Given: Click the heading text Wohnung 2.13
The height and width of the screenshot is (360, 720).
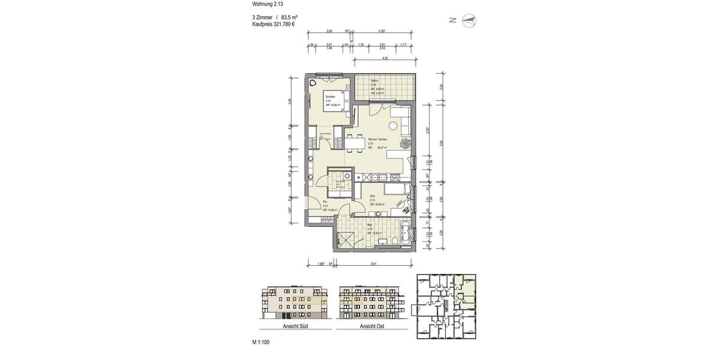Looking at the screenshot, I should (x=268, y=4).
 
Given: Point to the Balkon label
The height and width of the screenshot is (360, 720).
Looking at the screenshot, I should (x=374, y=80).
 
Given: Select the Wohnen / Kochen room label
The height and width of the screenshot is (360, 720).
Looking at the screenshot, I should (x=377, y=139).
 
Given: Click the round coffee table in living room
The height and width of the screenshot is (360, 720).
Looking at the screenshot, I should (x=393, y=126).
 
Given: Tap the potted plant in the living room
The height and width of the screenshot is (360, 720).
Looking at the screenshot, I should (x=406, y=144).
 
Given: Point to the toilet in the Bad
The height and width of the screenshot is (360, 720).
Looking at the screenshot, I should (x=392, y=240).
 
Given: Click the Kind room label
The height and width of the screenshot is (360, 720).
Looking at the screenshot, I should (x=373, y=196).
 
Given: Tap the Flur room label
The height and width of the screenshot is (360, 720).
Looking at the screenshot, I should (x=325, y=202).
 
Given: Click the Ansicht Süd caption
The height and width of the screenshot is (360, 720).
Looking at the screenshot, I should (x=295, y=327).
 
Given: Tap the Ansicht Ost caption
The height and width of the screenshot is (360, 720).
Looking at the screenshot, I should (x=372, y=327).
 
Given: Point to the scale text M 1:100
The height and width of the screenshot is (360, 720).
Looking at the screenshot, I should (x=262, y=342).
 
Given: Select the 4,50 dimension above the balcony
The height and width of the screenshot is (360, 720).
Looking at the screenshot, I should (x=385, y=58).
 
